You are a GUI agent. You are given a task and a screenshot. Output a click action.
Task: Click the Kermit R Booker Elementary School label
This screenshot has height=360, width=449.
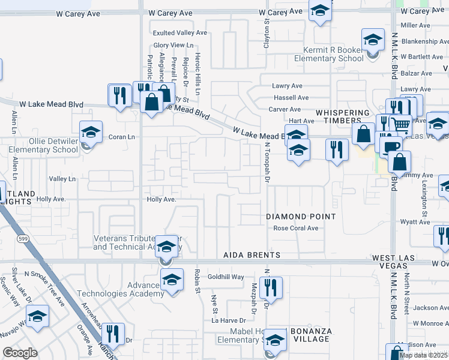(328, 54)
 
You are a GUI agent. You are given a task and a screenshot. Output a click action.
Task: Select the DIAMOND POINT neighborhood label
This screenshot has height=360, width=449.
(301, 216)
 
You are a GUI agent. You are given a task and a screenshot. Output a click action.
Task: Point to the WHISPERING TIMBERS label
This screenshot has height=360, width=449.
(343, 116)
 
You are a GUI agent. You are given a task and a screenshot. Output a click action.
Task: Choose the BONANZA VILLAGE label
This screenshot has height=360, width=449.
(310, 335)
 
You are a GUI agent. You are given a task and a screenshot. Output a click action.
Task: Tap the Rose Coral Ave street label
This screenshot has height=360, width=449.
(295, 228)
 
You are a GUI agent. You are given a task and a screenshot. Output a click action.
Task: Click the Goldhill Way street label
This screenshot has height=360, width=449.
(226, 277)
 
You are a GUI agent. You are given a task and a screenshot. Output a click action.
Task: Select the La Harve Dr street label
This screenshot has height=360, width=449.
(229, 320)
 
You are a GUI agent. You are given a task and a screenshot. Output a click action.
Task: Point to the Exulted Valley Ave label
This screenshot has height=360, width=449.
(179, 33)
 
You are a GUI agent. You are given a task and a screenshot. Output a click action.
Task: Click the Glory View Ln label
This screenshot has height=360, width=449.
(173, 45)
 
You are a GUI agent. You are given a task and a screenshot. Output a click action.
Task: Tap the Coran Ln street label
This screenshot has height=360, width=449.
(122, 136)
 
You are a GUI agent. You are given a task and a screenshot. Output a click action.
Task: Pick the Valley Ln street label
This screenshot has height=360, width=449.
(62, 179)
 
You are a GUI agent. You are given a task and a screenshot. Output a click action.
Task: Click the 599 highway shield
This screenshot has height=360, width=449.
(23, 239)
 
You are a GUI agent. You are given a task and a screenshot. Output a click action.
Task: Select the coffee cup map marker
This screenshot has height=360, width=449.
(392, 146)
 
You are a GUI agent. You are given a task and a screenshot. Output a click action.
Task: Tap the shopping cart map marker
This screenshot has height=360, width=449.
(401, 124)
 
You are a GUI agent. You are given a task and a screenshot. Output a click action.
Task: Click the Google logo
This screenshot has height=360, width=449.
(20, 352)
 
